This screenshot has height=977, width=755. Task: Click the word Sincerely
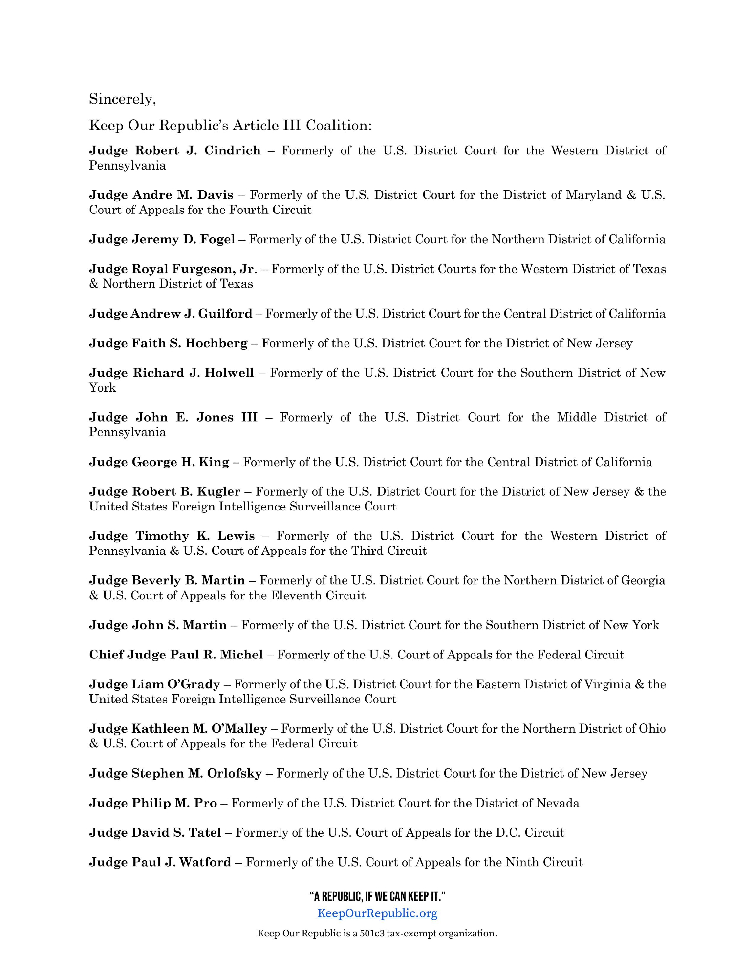click(x=122, y=99)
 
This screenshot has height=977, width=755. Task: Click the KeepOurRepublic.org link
click(x=377, y=913)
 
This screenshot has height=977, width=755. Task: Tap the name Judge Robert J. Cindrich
click(x=174, y=150)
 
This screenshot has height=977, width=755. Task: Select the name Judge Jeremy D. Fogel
click(x=162, y=239)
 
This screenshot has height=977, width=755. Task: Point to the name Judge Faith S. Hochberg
click(x=168, y=343)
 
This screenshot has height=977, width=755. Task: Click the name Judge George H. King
click(x=159, y=462)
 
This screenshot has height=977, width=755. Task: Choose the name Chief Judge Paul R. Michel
click(x=176, y=655)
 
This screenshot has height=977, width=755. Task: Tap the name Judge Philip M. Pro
click(x=153, y=803)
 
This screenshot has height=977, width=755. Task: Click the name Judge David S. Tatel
click(x=155, y=832)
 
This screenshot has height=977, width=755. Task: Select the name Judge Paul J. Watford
click(x=160, y=862)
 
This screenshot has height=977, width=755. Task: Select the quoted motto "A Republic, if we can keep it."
click(x=377, y=896)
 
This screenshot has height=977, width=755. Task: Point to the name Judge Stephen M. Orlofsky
click(x=175, y=773)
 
